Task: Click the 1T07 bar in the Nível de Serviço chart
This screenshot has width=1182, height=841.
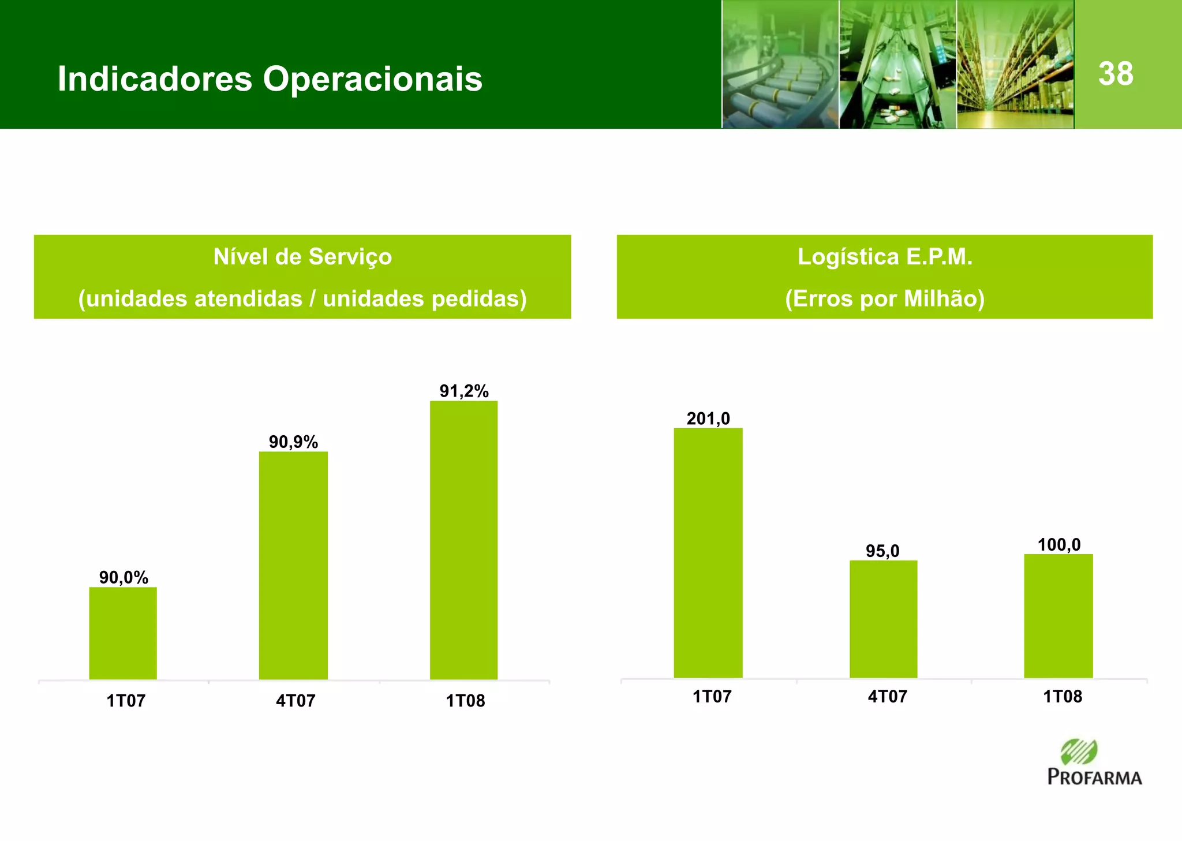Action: pos(123,633)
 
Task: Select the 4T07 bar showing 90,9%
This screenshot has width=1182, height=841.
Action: pos(293,565)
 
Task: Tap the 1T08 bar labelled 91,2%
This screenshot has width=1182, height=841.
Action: pos(463,540)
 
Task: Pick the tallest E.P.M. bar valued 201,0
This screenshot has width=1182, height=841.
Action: pos(708,552)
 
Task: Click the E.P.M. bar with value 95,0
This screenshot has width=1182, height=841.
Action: pos(883,619)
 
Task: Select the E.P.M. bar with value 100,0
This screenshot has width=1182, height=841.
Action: pos(1058,616)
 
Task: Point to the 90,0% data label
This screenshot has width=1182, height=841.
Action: pos(124,577)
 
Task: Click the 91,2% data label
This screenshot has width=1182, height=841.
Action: pos(464,391)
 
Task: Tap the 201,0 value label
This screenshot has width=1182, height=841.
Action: pos(708,418)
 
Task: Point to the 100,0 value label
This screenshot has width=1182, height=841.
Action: pos(1059,544)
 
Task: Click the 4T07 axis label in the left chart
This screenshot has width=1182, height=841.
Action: pos(295,701)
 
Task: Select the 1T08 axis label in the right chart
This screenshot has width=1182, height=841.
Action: pos(1063,697)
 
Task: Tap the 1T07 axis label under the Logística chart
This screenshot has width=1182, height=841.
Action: pos(712,697)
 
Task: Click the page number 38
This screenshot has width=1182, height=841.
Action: pos(1116,74)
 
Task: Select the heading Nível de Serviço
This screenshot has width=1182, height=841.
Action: pos(302,256)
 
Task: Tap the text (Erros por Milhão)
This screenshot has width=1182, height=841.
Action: pos(885,298)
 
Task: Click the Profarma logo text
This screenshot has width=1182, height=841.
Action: pos(1094,777)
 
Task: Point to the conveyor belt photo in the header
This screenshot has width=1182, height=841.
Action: pos(780,64)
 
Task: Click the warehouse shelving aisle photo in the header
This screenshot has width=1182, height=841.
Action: pos(1015,64)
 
